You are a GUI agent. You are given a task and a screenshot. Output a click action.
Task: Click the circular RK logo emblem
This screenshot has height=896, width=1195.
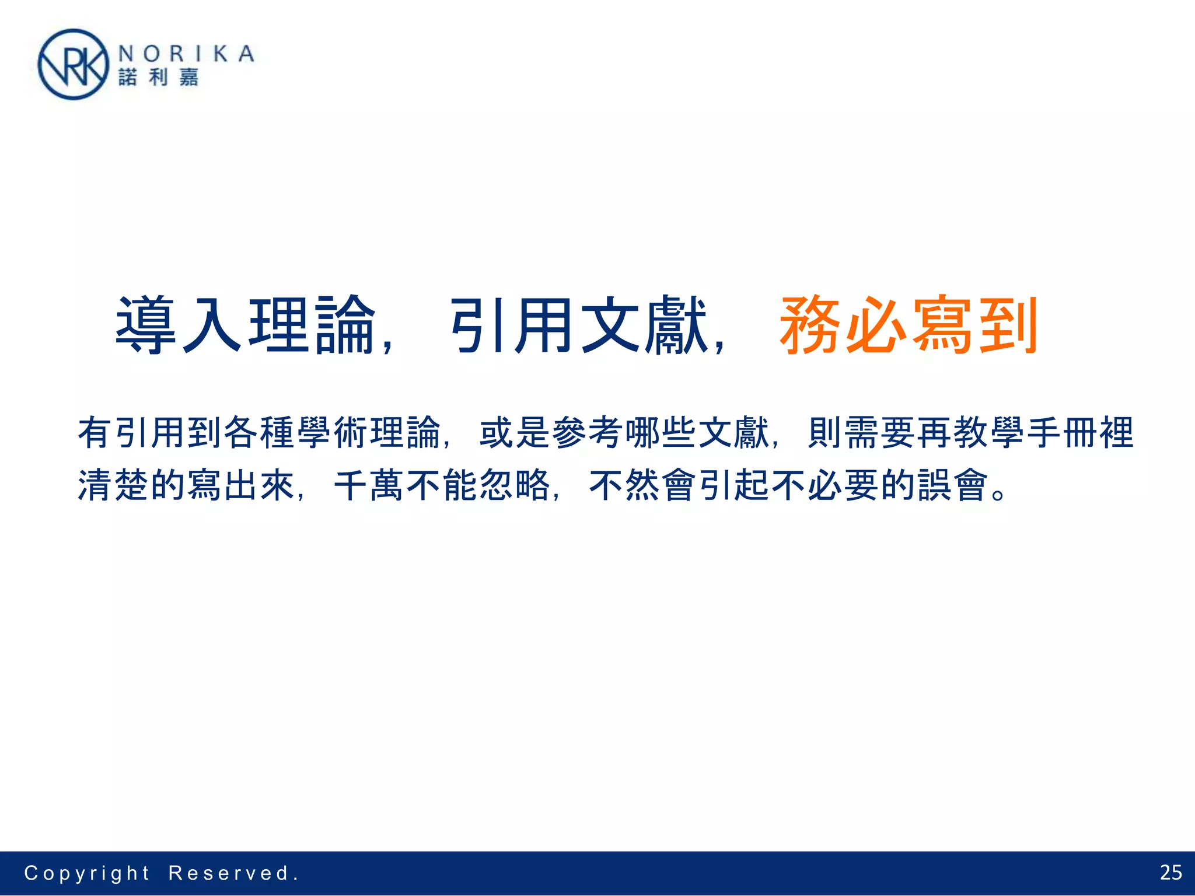(x=73, y=65)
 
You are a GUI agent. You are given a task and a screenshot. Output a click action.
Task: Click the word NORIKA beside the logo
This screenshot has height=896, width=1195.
(x=186, y=54)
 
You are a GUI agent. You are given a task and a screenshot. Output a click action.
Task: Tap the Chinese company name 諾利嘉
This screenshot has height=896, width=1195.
(x=158, y=77)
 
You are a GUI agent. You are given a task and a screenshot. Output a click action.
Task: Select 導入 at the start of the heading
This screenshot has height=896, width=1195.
(x=179, y=325)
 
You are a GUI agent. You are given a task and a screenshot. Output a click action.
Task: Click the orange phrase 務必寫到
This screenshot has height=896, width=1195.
(x=909, y=325)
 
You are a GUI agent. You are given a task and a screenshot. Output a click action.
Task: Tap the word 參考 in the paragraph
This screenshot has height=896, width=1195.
(x=587, y=433)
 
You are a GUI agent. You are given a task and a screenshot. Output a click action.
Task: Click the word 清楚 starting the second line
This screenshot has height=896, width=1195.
(x=114, y=485)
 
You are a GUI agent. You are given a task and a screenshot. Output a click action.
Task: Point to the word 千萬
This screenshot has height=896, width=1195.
(x=369, y=485)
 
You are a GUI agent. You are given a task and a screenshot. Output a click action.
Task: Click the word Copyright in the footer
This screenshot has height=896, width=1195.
(x=87, y=873)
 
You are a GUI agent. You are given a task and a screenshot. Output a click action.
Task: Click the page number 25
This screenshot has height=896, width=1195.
(x=1170, y=873)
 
